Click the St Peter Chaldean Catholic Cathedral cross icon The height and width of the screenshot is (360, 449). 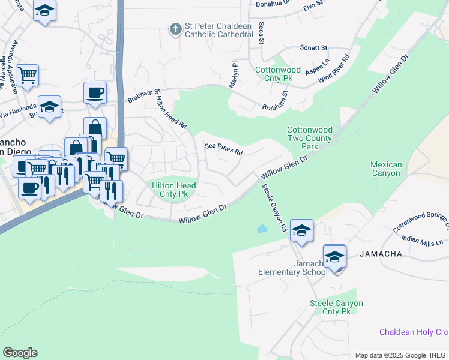pos(175,28)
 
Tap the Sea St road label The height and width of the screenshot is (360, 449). pos(261,33)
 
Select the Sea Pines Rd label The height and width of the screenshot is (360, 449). pos(223,148)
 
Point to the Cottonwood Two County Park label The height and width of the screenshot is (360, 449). pos(309,138)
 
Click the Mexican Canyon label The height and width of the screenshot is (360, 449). pos(385,169)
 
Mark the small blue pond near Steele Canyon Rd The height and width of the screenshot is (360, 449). pos(262,229)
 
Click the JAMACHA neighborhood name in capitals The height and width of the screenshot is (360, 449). pos(381,254)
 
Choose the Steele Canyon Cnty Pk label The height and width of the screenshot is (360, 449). pos(336,307)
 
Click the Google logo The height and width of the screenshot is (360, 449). pos(20,353)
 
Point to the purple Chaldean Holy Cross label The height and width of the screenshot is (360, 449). pos(414,332)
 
